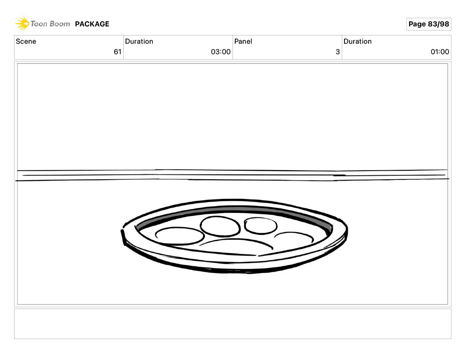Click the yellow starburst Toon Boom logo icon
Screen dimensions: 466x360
pos(22,24)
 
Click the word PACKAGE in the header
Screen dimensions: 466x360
pos(92,24)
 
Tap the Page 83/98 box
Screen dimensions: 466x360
pos(429,24)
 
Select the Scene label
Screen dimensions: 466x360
pos(26,41)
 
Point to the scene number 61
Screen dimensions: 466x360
pos(118,52)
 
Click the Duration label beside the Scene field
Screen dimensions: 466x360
pos(139,41)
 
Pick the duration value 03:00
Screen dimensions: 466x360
pos(221,52)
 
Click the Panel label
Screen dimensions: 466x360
pos(243,41)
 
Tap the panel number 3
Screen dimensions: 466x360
pos(338,52)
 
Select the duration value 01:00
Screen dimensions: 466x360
pos(440,52)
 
